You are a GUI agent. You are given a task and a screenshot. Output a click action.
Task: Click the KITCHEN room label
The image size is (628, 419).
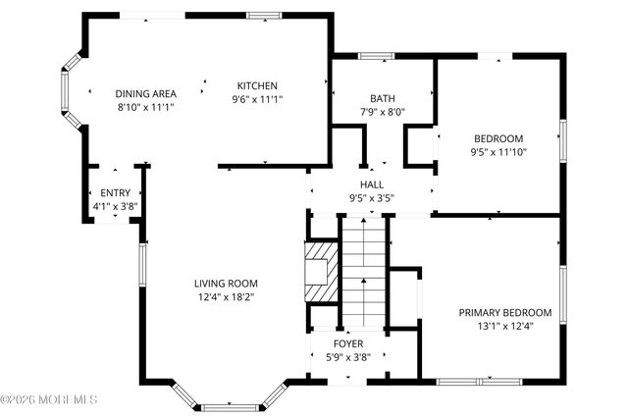(257, 85)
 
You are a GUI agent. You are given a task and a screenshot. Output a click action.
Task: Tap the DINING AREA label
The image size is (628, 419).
(146, 94)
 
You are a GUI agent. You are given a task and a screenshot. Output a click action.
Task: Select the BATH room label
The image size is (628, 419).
(383, 98)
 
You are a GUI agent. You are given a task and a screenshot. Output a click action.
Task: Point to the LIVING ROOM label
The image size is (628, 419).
(226, 284)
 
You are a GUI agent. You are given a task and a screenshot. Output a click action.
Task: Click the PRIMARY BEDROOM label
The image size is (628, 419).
(505, 312)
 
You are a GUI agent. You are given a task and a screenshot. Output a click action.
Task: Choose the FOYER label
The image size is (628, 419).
(348, 343)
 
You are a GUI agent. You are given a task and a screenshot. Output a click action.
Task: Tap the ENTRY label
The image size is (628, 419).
(116, 193)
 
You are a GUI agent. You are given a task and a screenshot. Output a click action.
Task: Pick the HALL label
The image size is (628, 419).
(372, 184)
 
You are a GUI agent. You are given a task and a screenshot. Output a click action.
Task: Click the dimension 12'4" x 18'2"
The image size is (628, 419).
(227, 297)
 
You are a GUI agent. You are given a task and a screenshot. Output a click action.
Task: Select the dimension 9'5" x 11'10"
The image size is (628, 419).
(498, 152)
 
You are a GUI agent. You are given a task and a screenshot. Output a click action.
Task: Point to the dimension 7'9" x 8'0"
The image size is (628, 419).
(383, 112)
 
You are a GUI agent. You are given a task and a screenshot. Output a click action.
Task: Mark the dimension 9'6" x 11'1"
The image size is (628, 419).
(257, 99)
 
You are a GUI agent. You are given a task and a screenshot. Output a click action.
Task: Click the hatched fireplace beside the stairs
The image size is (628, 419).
(321, 272)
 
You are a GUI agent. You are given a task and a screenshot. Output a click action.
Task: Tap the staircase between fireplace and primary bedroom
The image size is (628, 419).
(364, 272)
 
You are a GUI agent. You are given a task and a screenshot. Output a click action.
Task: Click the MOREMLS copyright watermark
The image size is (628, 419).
(48, 399)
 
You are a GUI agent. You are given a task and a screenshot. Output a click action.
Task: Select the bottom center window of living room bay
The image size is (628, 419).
(230, 408)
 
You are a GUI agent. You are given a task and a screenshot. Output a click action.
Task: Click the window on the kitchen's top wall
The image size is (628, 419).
(264, 16)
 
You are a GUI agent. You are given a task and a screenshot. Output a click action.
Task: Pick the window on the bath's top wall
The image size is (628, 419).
(376, 56)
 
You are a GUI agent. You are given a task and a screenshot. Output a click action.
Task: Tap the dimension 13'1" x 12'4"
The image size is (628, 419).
(505, 326)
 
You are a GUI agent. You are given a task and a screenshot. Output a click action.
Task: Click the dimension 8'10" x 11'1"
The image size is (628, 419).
(146, 107)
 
